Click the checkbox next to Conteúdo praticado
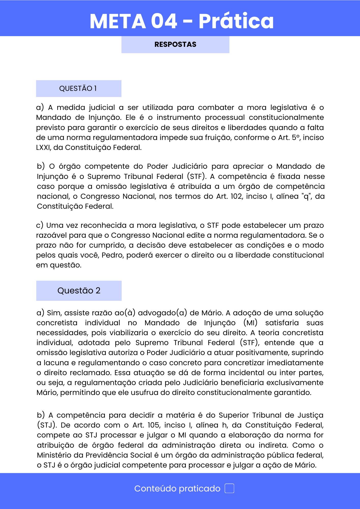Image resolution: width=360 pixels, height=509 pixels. click(229, 488)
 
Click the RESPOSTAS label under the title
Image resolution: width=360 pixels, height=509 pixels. click(175, 45)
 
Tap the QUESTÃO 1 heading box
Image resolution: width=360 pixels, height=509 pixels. click(78, 89)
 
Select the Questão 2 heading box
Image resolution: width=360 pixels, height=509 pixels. click(79, 291)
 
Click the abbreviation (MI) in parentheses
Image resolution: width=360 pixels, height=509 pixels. click(250, 323)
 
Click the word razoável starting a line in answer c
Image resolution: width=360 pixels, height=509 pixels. click(51, 235)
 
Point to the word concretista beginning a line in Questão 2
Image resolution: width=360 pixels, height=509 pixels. click(57, 323)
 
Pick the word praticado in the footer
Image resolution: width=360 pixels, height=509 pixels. click(199, 489)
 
